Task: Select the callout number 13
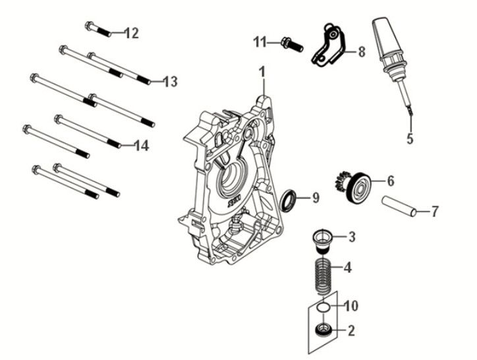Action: [x=170, y=82]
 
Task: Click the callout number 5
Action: [x=409, y=138]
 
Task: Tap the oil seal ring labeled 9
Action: [x=289, y=198]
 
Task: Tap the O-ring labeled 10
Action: [x=322, y=307]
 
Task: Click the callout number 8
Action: [x=361, y=51]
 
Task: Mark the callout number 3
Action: [x=352, y=236]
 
